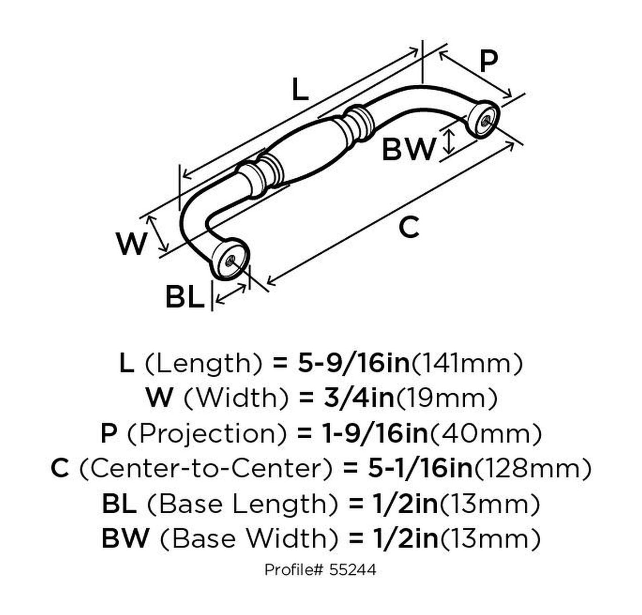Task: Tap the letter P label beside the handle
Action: pos(489,61)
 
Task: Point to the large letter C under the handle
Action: pos(409,227)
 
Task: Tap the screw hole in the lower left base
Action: pos(230,262)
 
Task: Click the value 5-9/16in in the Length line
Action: pos(353,363)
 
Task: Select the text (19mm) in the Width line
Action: pos(446,398)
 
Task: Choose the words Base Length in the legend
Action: pos(236,504)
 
